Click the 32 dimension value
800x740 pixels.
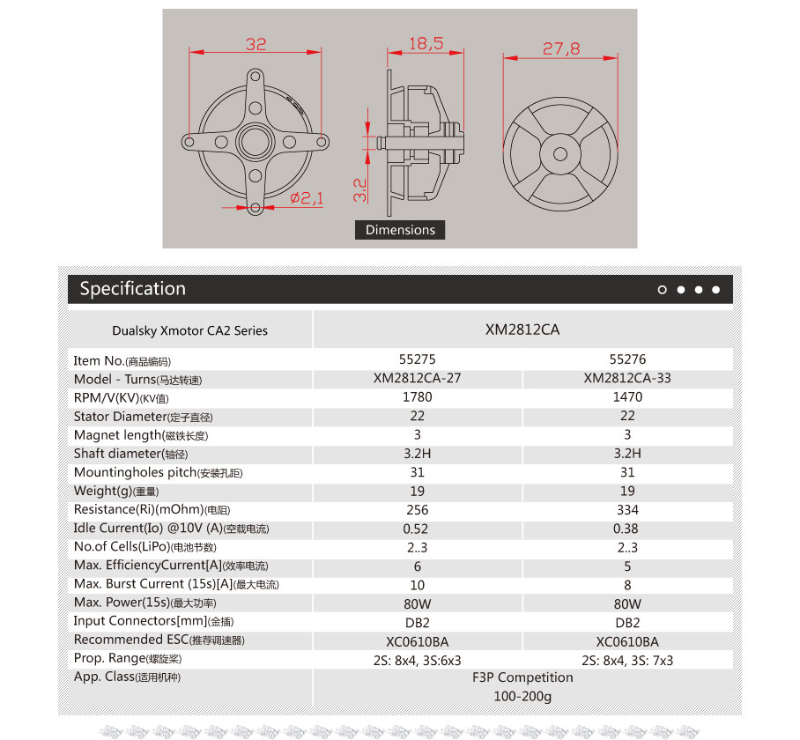tap(256, 44)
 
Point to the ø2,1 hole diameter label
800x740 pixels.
tap(307, 199)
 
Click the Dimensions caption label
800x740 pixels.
tap(400, 230)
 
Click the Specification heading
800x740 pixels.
tap(133, 289)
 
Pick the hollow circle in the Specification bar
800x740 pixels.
tap(663, 290)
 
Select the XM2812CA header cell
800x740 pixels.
tap(522, 330)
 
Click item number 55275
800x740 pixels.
tap(418, 359)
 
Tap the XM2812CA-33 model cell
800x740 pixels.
tap(627, 379)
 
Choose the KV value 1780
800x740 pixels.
tap(418, 397)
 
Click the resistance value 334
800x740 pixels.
tap(627, 510)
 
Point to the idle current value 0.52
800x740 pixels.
tap(418, 529)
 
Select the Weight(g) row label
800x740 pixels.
tap(117, 491)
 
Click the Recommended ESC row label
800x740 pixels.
tap(159, 640)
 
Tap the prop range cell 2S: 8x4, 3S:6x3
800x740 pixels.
tap(418, 660)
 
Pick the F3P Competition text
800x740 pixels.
tap(522, 677)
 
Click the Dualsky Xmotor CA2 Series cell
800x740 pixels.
tap(189, 331)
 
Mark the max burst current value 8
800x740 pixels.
tap(627, 585)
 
